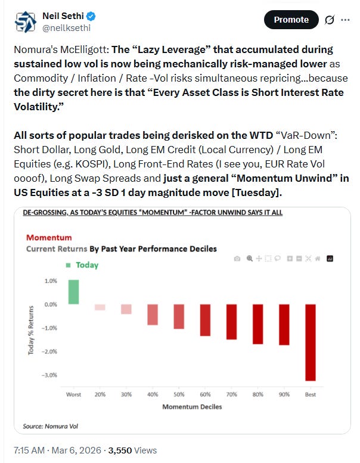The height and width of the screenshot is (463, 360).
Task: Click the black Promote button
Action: tap(291, 20)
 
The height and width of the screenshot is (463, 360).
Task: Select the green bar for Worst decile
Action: tap(73, 292)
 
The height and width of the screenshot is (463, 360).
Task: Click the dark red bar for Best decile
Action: tap(310, 342)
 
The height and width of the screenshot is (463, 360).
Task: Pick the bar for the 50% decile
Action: tap(179, 316)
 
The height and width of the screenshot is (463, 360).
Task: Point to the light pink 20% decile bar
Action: tap(100, 307)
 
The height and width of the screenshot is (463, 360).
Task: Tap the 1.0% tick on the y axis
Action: tap(50, 281)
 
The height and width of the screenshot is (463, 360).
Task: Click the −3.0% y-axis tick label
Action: tap(49, 375)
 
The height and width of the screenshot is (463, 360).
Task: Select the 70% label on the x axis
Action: tap(231, 394)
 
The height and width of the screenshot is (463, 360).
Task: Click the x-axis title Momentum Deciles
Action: tap(191, 406)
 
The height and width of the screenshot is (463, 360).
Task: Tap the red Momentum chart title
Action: tap(49, 238)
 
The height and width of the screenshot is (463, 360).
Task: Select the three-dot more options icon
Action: tap(345, 20)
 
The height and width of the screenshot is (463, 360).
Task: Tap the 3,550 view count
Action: tap(110, 450)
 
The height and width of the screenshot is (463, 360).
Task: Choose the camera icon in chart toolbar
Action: tap(237, 259)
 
